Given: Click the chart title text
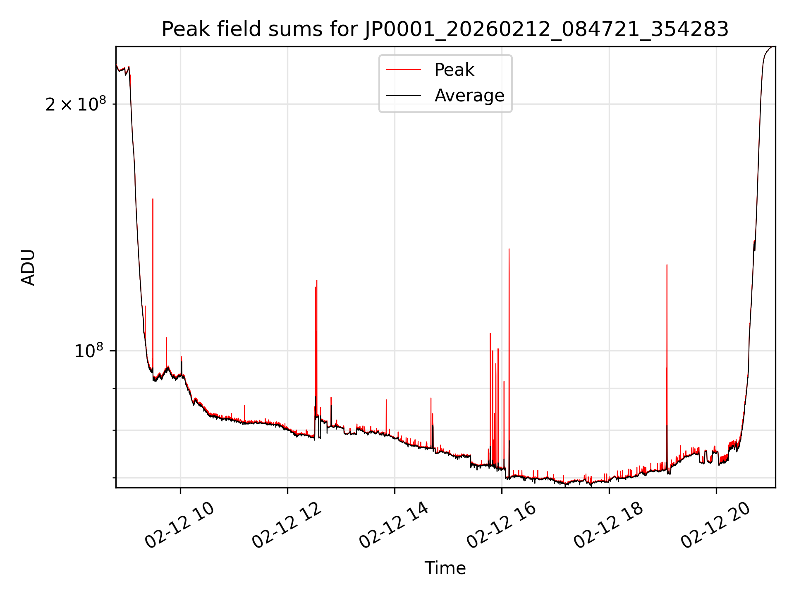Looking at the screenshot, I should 445,29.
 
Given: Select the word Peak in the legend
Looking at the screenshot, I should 454,70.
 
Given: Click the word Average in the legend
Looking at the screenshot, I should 469,96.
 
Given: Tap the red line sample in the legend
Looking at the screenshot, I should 403,70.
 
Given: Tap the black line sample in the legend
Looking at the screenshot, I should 403,96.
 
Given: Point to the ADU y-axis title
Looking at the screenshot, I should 28,267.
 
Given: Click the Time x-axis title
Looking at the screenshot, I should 445,568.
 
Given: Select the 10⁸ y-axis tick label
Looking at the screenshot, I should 88,351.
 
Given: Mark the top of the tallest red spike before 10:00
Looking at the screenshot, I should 153,199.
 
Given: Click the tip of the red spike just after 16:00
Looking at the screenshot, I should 509,249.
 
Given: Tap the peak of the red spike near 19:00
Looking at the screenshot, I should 667,265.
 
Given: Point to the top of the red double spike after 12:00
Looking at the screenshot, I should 317,281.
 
